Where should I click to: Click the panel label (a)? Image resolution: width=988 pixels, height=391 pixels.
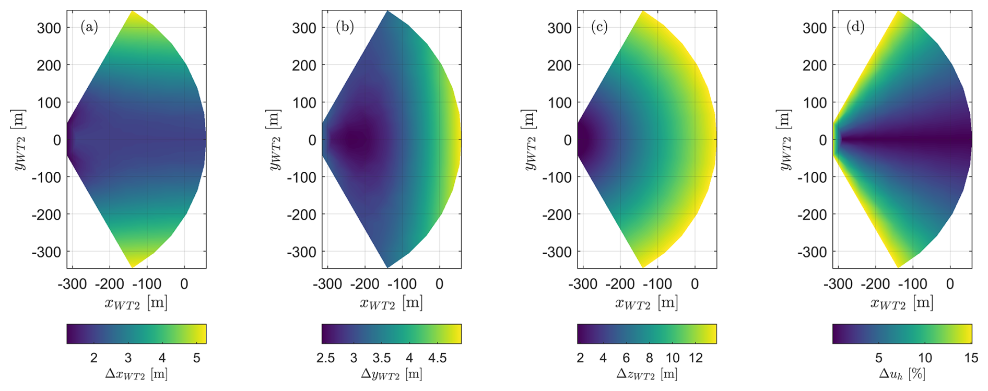89,27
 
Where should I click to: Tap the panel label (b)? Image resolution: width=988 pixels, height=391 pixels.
345,27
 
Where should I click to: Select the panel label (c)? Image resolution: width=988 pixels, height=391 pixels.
599,27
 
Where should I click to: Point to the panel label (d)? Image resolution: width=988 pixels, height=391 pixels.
855,27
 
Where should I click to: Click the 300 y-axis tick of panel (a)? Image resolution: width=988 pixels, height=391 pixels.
49,28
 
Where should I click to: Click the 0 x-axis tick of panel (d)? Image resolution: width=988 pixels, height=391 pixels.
950,284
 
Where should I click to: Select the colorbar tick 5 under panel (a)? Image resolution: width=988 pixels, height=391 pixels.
196,358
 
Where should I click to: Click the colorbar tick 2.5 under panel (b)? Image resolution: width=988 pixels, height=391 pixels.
326,358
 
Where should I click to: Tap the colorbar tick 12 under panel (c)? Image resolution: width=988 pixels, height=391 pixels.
696,358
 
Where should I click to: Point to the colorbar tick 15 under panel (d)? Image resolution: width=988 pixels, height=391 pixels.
971,358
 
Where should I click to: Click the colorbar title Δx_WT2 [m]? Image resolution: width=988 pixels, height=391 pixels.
136,374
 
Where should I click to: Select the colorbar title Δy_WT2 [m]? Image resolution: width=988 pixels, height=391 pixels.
392,374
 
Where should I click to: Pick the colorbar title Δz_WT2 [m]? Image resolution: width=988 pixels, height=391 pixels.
646,374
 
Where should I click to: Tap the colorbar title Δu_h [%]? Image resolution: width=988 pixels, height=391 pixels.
902,374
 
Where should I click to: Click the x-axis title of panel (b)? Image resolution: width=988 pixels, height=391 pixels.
391,303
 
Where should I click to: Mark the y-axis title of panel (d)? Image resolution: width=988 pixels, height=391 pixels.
785,140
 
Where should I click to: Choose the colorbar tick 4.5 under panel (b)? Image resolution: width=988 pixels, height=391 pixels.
437,358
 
